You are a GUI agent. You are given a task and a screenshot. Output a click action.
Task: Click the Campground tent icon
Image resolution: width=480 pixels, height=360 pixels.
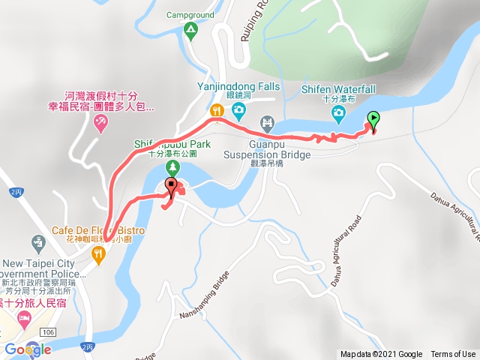(x=190, y=30)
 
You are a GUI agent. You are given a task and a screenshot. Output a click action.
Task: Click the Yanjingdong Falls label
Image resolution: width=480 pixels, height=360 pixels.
(x=238, y=86)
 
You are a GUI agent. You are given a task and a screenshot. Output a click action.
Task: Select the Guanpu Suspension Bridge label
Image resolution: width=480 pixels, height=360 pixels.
(x=267, y=150)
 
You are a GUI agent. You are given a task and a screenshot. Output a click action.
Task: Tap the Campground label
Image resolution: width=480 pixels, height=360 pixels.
(x=190, y=13)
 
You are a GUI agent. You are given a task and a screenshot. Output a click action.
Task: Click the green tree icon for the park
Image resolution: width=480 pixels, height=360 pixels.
(x=172, y=166)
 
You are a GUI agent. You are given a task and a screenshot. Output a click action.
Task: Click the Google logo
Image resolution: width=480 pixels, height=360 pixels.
(x=28, y=349)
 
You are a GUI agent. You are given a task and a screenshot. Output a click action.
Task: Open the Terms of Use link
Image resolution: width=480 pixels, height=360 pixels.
(x=453, y=355)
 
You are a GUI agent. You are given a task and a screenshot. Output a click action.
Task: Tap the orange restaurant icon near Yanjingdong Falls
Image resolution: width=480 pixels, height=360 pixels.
(x=217, y=112)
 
